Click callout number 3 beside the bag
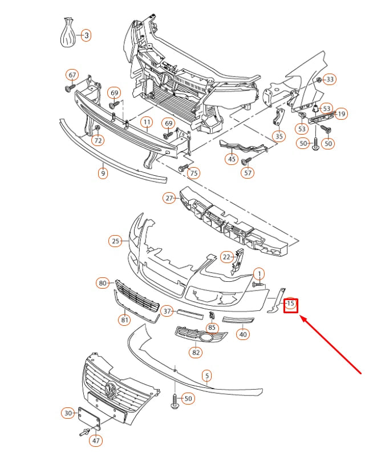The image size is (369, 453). coord(86,36)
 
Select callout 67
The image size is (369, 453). coord(72,75)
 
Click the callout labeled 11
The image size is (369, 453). coord(147,123)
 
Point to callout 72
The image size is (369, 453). coord(98,140)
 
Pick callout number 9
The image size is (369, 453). coord(103,173)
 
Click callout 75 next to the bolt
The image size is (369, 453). coord(194,173)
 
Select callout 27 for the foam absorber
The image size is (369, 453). coord(169,198)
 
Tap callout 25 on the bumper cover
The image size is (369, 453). coord(116,241)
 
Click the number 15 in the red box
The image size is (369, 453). coord(291,304)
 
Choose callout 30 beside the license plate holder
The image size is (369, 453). coord(68,412)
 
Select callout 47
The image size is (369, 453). coord(96,440)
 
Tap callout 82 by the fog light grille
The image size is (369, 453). coord(196,353)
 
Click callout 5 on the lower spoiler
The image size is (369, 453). coord(207,375)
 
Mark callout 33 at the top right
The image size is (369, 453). coord(331,79)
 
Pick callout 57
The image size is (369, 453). coord(248,172)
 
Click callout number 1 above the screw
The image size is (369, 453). coord(258,274)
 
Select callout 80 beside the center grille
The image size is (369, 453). coord(103,282)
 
